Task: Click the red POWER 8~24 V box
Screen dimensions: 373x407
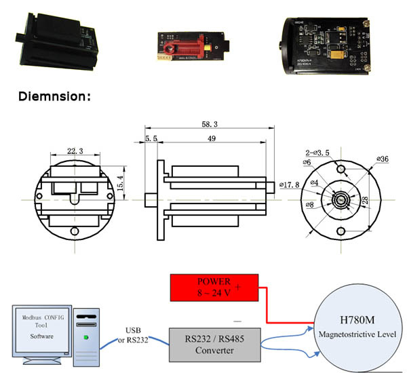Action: [x=214, y=288]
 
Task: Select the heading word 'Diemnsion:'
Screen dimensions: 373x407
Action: [x=54, y=96]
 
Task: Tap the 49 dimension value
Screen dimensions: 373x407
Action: [x=212, y=140]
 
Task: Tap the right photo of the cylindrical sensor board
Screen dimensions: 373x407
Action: [x=325, y=43]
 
